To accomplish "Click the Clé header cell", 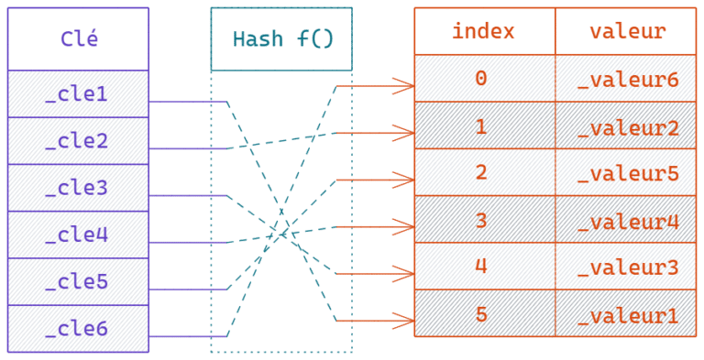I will coord(78,39).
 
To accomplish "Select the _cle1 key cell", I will coord(78,94).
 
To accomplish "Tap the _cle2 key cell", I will coord(78,141).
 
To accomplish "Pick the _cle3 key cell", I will coord(78,188).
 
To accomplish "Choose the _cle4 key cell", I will coord(78,235).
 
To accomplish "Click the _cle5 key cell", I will coord(78,281).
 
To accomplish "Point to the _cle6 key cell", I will coord(78,328).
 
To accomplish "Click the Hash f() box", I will coord(281,39).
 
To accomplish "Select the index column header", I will coord(484,31).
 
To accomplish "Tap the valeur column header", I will coord(626,31).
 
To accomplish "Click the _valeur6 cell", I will coord(626,78).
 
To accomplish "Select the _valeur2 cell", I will coord(626,125).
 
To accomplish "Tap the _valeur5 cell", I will coord(626,172).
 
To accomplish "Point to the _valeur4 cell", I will coord(626,220).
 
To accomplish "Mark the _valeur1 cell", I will coord(626,313).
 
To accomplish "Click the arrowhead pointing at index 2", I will coord(404,180).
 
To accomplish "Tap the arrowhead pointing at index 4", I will coord(404,273).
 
